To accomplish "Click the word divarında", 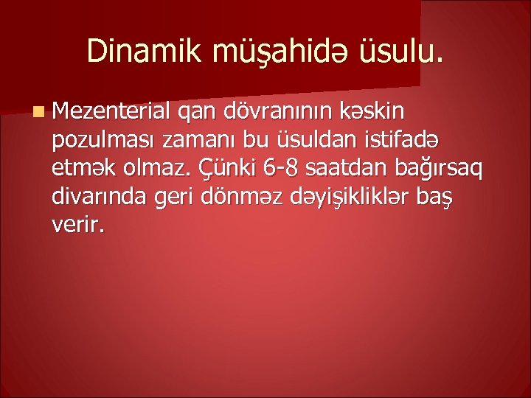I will pyautogui.click(x=97, y=197).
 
